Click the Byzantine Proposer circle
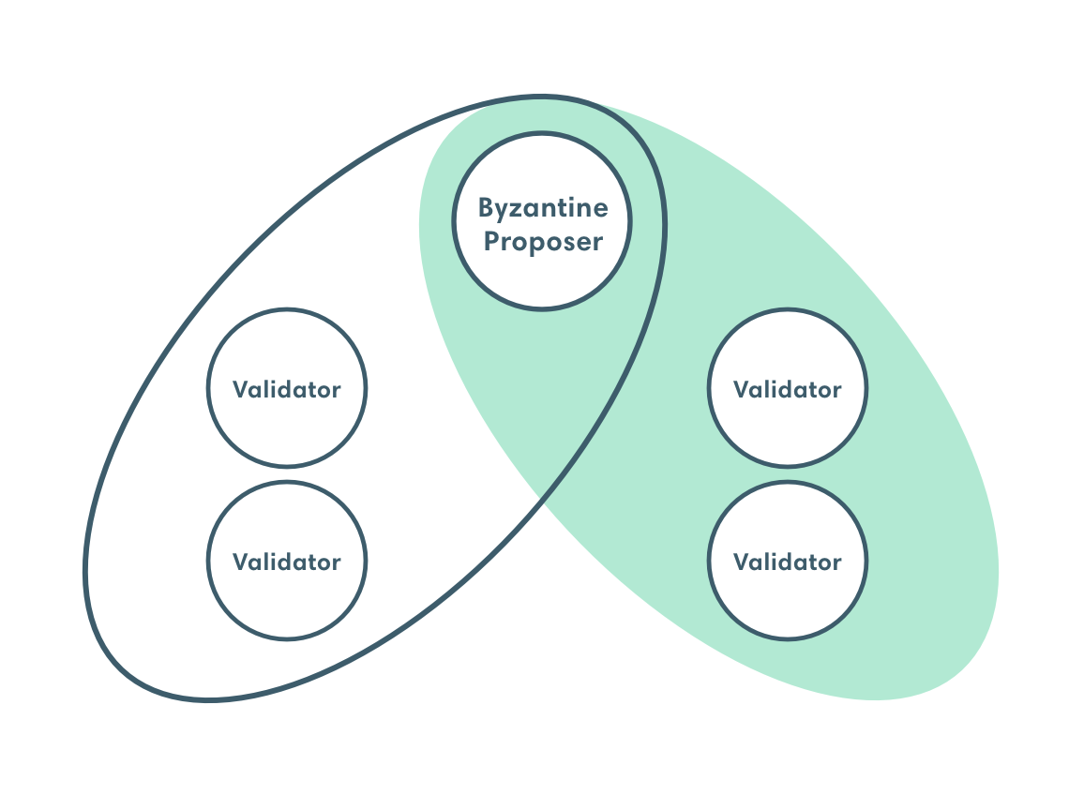click(x=542, y=221)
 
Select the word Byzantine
click(x=543, y=209)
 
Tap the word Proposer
click(x=543, y=242)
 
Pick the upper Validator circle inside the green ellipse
click(x=788, y=388)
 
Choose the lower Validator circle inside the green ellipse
click(x=788, y=561)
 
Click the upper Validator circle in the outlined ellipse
click(x=287, y=388)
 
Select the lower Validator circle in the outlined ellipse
click(x=287, y=561)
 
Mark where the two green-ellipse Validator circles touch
click(x=788, y=474)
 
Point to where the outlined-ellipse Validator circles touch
click(x=287, y=474)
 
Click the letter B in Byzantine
click(x=486, y=207)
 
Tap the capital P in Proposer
click(x=491, y=241)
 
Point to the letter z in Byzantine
click(x=518, y=210)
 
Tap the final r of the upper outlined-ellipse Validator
click(x=336, y=391)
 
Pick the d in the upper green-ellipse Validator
click(x=790, y=388)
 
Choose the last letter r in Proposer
click(x=598, y=244)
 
